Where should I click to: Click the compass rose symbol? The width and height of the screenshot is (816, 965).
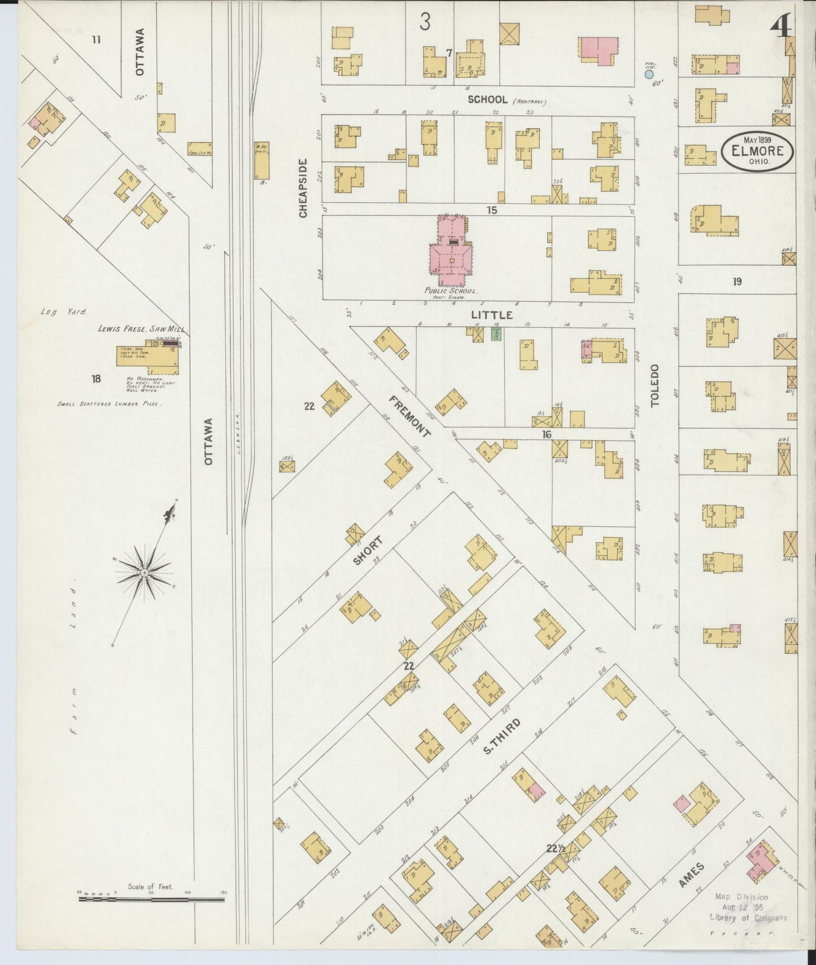(x=144, y=572)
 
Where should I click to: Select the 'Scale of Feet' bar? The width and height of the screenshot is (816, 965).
(x=151, y=898)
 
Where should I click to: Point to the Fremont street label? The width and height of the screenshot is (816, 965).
(x=409, y=416)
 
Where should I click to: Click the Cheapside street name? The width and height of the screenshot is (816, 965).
(x=303, y=188)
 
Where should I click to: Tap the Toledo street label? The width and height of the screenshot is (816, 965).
(x=654, y=385)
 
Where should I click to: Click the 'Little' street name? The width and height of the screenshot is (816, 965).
(x=492, y=315)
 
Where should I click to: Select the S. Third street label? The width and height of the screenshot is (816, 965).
(x=501, y=736)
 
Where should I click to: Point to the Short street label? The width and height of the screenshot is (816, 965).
(x=368, y=551)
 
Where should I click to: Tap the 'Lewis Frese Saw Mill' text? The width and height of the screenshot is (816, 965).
(x=141, y=328)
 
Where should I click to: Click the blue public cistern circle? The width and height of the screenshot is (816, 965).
(x=649, y=74)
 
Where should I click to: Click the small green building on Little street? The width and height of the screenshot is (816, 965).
(x=496, y=334)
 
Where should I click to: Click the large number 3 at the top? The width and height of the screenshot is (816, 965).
(x=425, y=21)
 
